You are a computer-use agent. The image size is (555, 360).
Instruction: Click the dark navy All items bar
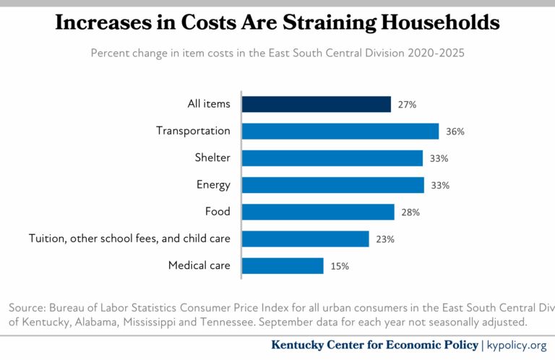(x=316, y=104)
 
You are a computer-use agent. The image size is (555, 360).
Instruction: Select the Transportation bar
(x=340, y=131)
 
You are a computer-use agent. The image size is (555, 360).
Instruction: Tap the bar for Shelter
(x=332, y=158)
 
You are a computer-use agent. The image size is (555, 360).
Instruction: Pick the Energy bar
(x=332, y=185)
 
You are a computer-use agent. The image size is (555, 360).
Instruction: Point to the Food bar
(x=318, y=212)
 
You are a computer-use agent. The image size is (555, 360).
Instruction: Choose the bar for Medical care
(x=283, y=265)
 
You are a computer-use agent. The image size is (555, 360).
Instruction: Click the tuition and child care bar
(x=305, y=239)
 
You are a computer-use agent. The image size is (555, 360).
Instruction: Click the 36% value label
(x=455, y=132)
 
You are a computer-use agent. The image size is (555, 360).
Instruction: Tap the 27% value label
(x=407, y=105)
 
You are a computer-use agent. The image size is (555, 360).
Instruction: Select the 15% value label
(x=340, y=266)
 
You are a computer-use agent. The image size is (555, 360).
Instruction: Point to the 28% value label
(x=410, y=213)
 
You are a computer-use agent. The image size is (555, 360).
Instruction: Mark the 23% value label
(x=385, y=239)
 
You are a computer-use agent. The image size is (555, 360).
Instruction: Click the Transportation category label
(x=193, y=131)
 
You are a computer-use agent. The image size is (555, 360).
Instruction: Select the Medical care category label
(x=199, y=265)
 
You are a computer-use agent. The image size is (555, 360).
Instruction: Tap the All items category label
(x=209, y=104)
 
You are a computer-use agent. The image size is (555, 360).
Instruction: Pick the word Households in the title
(x=442, y=22)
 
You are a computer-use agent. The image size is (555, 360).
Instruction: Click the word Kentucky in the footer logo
(x=300, y=345)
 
